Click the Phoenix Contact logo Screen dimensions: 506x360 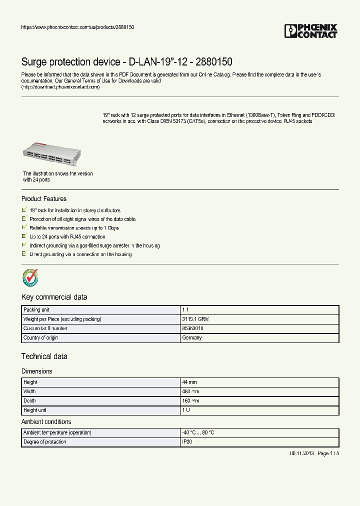310,31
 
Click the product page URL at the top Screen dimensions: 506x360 77,27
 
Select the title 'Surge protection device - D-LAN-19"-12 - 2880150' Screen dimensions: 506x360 126,62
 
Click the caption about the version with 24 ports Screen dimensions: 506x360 57,176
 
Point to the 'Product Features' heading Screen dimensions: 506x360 44,199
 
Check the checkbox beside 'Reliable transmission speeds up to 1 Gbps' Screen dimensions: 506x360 24,227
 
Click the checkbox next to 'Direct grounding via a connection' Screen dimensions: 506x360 24,254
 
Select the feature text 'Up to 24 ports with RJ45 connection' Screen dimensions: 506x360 67,236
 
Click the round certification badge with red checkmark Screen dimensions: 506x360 30,277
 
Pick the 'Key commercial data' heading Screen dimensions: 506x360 54,297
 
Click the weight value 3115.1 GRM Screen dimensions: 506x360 195,319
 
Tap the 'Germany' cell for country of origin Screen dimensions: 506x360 191,338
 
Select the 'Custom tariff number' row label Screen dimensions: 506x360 45,328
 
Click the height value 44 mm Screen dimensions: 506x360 189,382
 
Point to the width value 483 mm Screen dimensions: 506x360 190,391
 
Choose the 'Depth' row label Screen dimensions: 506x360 30,401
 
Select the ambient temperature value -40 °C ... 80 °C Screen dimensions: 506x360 198,432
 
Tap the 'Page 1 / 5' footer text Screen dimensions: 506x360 328,453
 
